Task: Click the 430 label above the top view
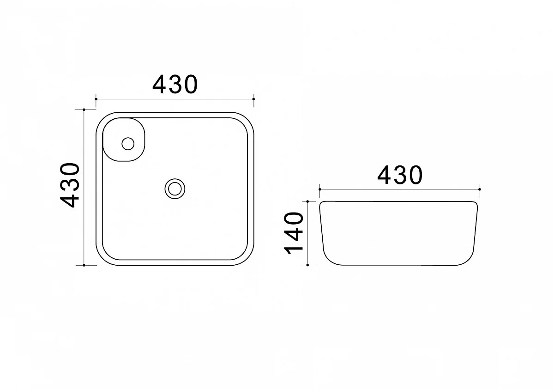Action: (x=175, y=85)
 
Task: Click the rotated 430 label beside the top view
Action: (x=70, y=185)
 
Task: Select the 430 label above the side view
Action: (x=400, y=175)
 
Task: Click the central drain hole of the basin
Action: (x=175, y=189)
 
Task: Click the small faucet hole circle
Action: (x=128, y=144)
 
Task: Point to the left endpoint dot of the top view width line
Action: (x=96, y=99)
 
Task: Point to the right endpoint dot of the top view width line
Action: (x=254, y=99)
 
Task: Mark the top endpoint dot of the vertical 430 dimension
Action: (x=84, y=110)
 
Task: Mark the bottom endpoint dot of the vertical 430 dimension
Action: (x=84, y=265)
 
